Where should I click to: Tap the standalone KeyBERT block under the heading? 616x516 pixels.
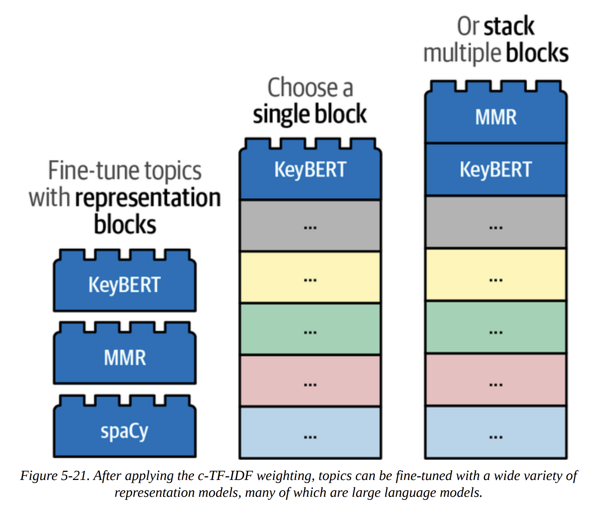pos(124,285)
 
